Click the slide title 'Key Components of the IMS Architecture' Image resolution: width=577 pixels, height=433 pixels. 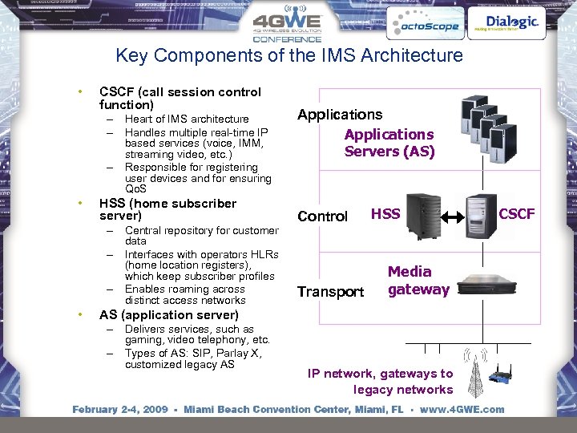(289, 55)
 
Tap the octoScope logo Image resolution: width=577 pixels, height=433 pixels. (424, 25)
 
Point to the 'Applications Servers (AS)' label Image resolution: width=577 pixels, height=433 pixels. (389, 143)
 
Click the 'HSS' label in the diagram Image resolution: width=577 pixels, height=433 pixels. (385, 214)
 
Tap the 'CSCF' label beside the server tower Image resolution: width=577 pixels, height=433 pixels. (517, 214)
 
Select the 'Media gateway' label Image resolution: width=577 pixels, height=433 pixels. (418, 281)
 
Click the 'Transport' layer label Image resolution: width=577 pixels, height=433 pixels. (330, 292)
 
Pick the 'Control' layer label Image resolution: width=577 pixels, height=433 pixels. (322, 216)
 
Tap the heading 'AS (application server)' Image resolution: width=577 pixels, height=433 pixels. (168, 315)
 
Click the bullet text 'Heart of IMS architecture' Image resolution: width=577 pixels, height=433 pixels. (187, 119)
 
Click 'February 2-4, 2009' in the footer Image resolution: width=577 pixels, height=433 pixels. (120, 410)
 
